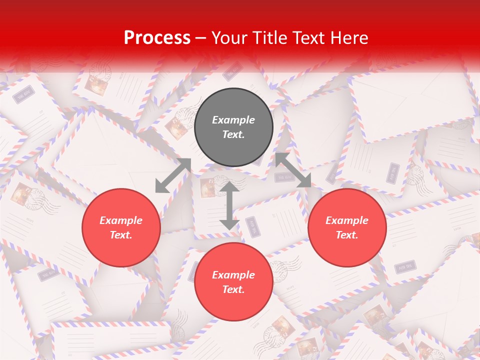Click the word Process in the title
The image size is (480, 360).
157,38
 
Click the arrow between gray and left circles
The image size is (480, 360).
173,175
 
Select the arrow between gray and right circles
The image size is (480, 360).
293,170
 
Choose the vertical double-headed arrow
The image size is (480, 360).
229,205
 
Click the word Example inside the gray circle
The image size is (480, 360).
233,120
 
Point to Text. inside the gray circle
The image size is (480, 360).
233,134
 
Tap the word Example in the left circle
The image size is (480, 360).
121,220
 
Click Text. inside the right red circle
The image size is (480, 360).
347,235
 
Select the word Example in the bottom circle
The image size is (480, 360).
233,275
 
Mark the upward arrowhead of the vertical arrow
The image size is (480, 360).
229,187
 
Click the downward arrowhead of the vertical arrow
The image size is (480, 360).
229,224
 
